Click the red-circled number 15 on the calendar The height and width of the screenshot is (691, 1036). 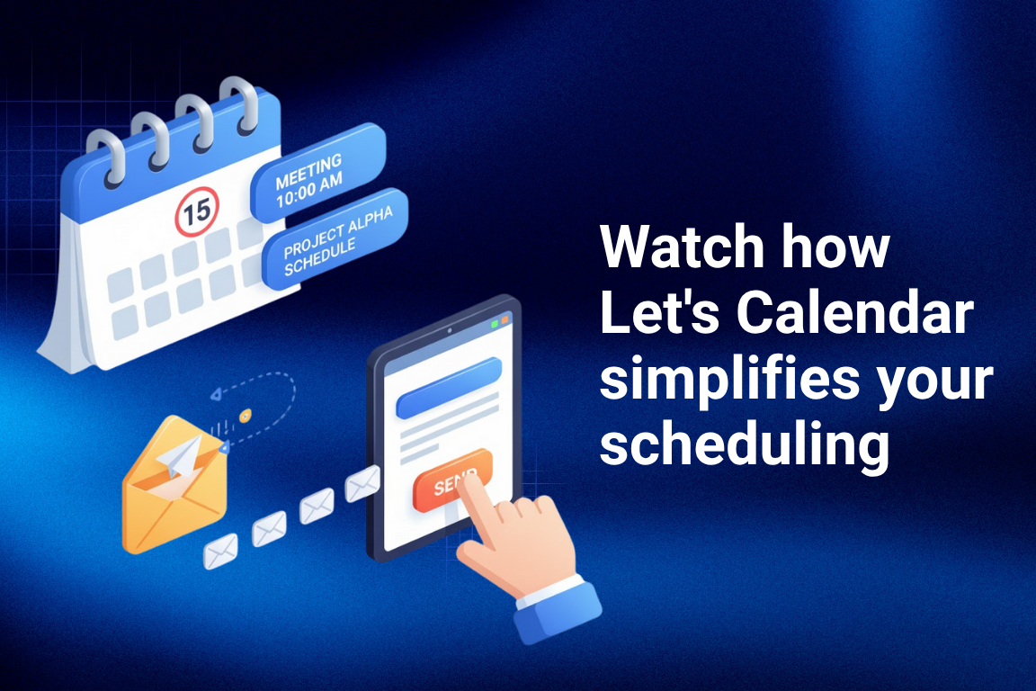[x=197, y=211]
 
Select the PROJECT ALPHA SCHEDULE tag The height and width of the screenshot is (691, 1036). [x=334, y=237]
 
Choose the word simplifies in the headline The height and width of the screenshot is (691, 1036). [x=716, y=381]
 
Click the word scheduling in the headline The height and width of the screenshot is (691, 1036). [x=745, y=447]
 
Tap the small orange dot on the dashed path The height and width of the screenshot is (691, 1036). [x=245, y=416]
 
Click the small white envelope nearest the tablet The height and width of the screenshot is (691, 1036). [x=362, y=485]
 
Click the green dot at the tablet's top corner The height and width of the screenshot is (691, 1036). [x=493, y=321]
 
